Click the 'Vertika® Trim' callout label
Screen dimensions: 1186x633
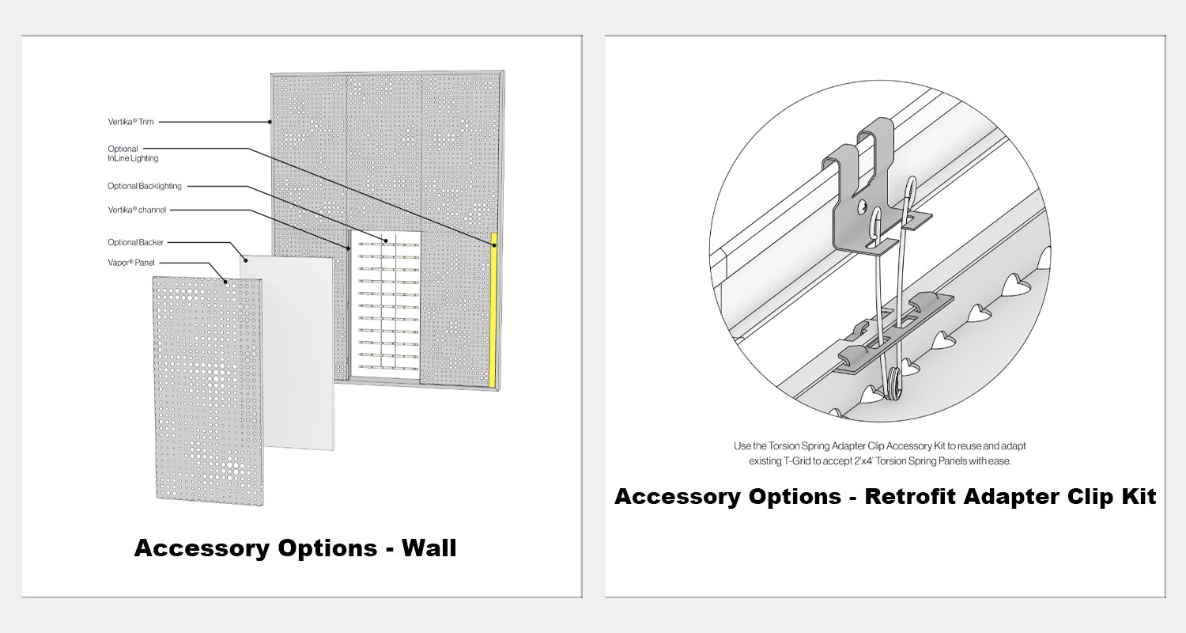coord(130,122)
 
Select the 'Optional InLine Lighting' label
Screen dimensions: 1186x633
coord(133,154)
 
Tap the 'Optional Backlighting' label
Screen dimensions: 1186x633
coord(145,186)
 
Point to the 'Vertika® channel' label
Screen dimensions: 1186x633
coord(137,210)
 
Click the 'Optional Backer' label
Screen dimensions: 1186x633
coord(135,242)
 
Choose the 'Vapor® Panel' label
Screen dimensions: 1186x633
coord(131,263)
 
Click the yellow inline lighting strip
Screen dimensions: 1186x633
coord(493,310)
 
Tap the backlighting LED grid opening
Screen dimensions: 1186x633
coord(385,304)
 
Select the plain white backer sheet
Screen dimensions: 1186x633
coord(288,354)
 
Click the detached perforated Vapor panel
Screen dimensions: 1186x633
coord(208,391)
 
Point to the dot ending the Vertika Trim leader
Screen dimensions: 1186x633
coord(270,122)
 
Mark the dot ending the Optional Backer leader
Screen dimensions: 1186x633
coord(245,260)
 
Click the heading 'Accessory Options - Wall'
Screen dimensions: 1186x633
coord(296,548)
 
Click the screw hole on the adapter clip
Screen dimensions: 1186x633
coord(863,205)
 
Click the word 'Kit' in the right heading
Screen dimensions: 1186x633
coord(1139,496)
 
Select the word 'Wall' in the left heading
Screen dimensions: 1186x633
coord(429,548)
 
